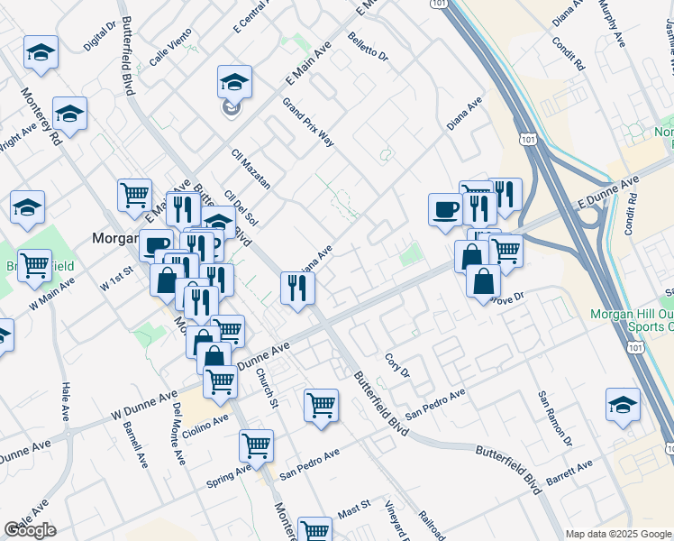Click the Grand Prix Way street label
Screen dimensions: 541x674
point(308,124)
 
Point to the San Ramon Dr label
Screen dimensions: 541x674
point(555,419)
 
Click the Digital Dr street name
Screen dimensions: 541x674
point(100,37)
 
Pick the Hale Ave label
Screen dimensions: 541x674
point(66,402)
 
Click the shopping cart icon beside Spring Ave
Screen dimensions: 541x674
point(256,445)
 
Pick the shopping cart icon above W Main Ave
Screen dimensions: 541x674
point(34,264)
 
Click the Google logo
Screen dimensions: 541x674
point(30,530)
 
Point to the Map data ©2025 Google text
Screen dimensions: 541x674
point(618,534)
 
